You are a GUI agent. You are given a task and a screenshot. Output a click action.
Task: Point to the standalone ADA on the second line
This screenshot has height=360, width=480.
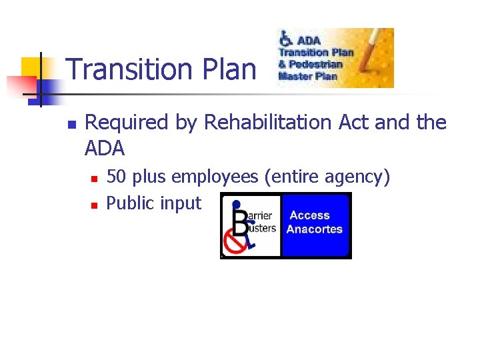pos(105,147)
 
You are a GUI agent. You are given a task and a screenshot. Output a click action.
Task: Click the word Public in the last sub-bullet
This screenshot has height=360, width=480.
pos(128,202)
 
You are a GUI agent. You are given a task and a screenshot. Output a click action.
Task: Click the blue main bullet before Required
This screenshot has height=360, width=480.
pos(73,124)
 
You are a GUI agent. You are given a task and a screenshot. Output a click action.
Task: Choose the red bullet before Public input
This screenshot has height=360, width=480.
pos(94,204)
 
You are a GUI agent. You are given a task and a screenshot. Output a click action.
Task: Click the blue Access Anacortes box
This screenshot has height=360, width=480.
pos(315,225)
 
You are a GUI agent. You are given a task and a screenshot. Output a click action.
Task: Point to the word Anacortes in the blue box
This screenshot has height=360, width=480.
pos(314,229)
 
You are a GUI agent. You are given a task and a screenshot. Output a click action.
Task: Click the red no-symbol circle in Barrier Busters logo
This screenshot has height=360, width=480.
pos(235,244)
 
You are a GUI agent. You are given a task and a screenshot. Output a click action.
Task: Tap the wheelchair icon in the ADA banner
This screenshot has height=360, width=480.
pos(286,38)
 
